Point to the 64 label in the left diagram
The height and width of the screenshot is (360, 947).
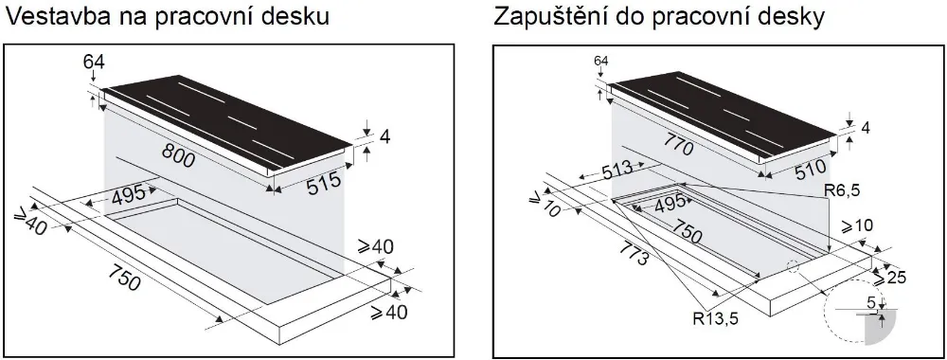click(94, 63)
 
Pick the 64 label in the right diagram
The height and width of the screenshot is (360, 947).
click(600, 62)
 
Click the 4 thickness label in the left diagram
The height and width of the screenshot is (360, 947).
click(384, 137)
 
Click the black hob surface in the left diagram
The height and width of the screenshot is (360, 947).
click(227, 118)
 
